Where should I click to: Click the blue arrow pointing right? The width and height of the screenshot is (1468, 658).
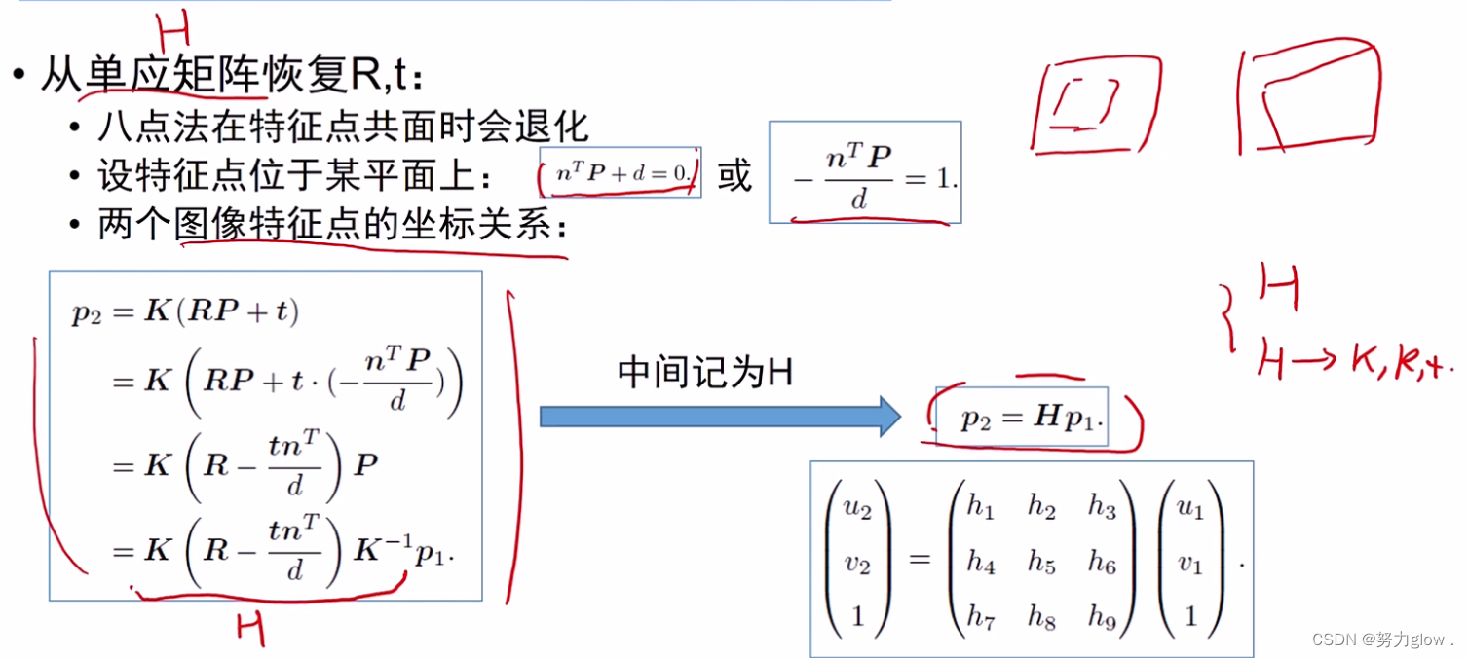721,416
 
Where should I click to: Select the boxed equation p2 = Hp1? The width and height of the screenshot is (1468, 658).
1022,419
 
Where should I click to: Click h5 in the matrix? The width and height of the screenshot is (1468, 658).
1041,562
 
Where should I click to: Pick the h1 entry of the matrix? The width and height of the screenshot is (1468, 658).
980,506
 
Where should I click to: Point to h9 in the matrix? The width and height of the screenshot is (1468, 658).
1102,618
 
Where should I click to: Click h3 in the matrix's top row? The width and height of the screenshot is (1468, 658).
1102,506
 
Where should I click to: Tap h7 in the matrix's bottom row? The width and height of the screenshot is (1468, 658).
980,618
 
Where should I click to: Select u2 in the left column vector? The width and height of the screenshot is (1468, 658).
856,506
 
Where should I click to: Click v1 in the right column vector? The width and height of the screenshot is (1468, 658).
1190,562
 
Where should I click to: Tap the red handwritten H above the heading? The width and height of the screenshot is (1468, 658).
172,32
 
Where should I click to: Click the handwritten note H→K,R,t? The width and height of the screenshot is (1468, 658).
1354,363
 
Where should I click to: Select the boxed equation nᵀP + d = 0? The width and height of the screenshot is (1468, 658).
621,172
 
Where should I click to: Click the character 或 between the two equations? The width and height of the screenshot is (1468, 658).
734,175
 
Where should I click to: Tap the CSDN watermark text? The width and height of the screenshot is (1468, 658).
1382,640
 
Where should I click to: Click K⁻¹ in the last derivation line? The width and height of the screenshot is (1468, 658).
384,551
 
